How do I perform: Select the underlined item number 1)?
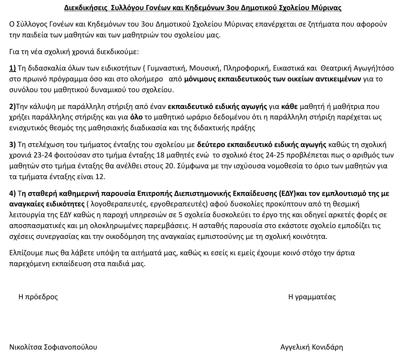click(x=13, y=68)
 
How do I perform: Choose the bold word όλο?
click(x=136, y=117)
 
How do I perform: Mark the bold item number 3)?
click(x=13, y=145)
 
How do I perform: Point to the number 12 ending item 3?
click(x=100, y=177)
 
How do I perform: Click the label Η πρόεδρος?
click(x=38, y=297)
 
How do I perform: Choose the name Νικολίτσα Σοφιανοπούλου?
click(x=53, y=347)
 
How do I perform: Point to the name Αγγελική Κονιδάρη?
click(x=311, y=347)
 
